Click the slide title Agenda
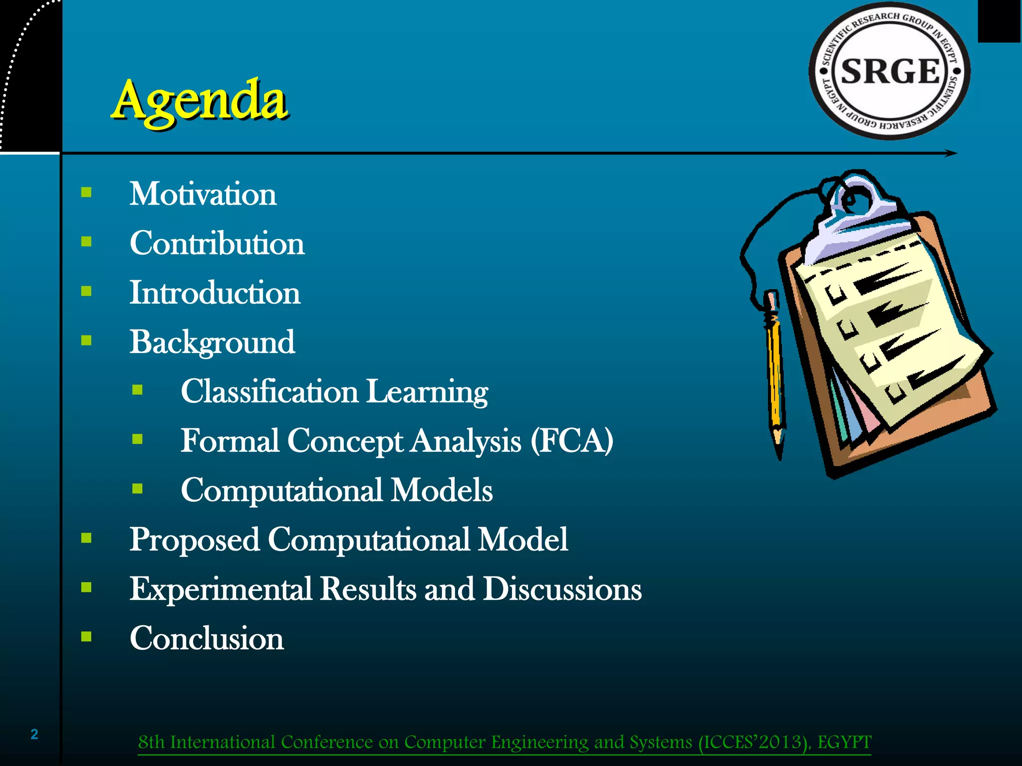[x=199, y=101]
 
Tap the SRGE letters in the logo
[x=890, y=71]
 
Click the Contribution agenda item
[x=217, y=243]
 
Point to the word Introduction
[x=215, y=293]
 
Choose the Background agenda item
[x=212, y=343]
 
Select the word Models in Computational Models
[x=442, y=490]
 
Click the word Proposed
[x=195, y=540]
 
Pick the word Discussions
[x=562, y=589]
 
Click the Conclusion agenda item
[x=207, y=638]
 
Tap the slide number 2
[x=34, y=734]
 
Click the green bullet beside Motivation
[x=86, y=192]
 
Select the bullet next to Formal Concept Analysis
[x=138, y=439]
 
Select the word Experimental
[x=221, y=589]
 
